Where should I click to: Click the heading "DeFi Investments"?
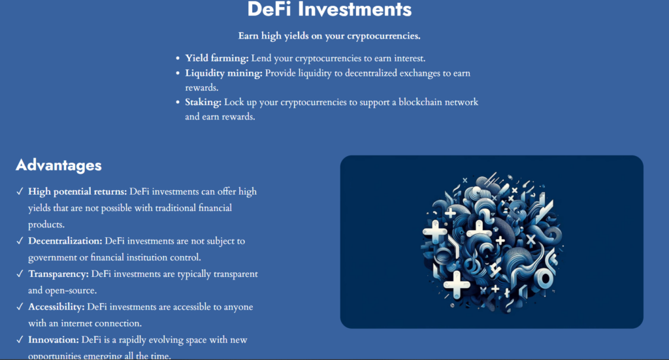click(x=329, y=10)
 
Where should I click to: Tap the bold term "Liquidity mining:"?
click(x=223, y=73)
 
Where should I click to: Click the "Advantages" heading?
click(x=59, y=165)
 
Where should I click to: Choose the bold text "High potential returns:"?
click(x=78, y=192)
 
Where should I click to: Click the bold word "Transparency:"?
click(x=59, y=274)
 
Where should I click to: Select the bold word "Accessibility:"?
click(x=56, y=306)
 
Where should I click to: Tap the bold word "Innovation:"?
click(x=54, y=340)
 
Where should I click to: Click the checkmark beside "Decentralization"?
click(x=20, y=241)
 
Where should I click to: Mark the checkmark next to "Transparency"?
click(x=20, y=274)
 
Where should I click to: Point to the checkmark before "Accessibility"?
click(x=20, y=306)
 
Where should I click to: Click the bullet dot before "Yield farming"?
click(x=178, y=59)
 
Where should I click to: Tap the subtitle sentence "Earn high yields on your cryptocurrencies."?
click(x=329, y=36)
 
